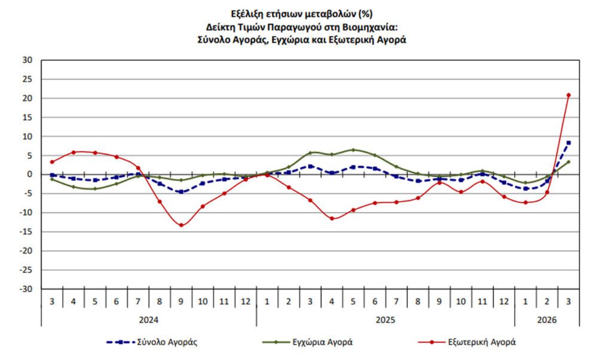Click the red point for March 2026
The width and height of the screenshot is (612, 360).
(x=568, y=95)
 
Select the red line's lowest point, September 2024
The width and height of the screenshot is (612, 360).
(x=181, y=225)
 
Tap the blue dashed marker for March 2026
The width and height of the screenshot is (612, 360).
(x=568, y=142)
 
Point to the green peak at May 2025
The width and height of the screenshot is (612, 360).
(x=353, y=150)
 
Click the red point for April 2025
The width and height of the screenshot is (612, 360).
(x=332, y=218)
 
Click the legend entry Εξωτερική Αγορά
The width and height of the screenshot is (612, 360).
(x=482, y=343)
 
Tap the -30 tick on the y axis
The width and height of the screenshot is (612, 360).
(x=27, y=289)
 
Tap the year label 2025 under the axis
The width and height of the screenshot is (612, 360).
(x=385, y=320)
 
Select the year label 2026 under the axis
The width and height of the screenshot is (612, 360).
(x=546, y=320)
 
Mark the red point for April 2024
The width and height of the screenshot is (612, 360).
(x=74, y=152)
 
